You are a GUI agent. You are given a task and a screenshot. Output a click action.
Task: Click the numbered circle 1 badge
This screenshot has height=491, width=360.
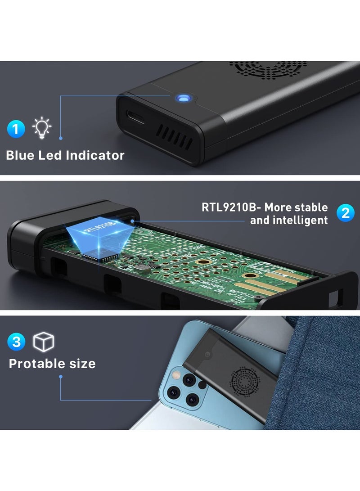16,130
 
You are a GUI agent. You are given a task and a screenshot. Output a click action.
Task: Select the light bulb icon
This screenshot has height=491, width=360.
42,128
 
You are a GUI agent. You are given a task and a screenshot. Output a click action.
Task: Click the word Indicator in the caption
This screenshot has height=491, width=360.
95,156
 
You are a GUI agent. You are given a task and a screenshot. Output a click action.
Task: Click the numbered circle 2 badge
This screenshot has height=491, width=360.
345,213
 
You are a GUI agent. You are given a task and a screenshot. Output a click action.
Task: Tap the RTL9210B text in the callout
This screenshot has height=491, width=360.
231,207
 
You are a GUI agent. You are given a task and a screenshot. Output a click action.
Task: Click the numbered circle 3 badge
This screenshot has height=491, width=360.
16,342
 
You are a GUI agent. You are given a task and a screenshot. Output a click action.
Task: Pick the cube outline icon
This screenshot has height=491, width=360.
44,342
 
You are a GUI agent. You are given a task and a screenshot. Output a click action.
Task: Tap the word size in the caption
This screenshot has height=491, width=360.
83,363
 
